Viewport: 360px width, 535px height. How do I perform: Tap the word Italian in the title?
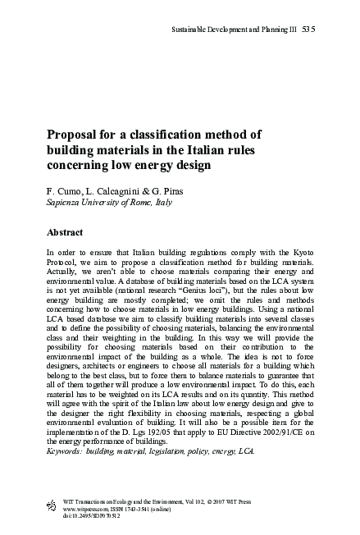(x=226, y=150)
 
